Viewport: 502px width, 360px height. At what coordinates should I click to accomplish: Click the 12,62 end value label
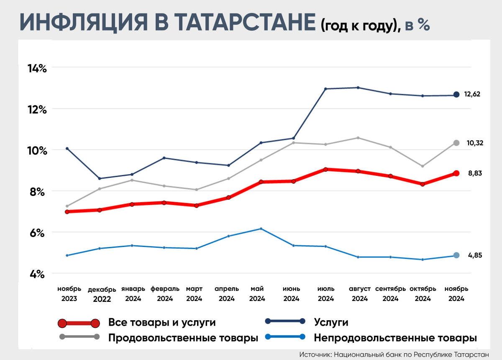pos(472,94)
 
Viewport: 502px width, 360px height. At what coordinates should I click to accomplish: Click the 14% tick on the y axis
pos(37,68)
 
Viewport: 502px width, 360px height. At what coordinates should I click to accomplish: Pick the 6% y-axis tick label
pos(37,233)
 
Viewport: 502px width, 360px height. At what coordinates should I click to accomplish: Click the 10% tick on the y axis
pos(37,150)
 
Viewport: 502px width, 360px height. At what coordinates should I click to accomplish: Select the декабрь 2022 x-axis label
pos(99,294)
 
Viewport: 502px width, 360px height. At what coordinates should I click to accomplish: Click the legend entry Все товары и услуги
pos(162,322)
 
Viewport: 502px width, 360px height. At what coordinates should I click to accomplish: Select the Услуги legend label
pos(331,322)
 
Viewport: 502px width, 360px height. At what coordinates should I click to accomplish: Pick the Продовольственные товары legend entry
pos(183,337)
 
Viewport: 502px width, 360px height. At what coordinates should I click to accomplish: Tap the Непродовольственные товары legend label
pos(395,337)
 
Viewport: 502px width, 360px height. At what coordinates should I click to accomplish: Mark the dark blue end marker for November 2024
pos(456,95)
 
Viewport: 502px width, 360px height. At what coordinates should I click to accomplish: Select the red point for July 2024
pos(325,169)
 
